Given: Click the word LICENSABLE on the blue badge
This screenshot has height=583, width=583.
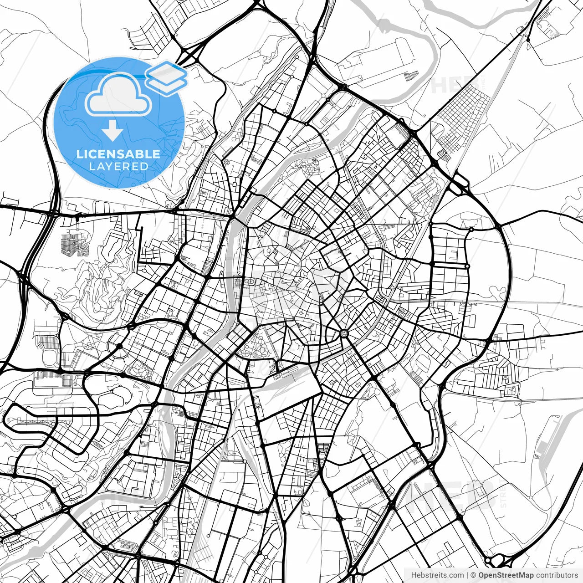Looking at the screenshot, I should [118, 154].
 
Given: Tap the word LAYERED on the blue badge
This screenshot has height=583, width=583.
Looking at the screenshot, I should [118, 166].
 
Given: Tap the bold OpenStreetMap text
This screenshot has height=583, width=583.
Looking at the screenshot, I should [506, 575].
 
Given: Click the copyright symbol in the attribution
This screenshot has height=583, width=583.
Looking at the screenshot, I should [473, 575].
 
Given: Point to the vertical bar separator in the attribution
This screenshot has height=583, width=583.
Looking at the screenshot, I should [467, 575].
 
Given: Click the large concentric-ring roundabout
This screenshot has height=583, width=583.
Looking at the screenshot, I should [344, 334].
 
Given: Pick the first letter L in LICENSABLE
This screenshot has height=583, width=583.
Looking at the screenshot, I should [79, 154].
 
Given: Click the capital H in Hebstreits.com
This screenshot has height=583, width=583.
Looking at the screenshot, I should [414, 575].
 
